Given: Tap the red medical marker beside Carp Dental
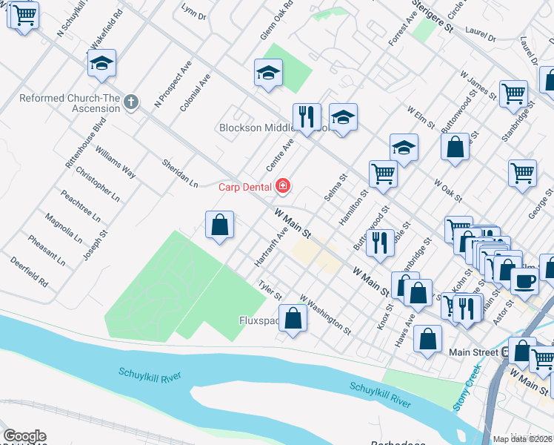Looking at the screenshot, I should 282,186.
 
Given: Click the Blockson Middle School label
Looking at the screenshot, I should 274,128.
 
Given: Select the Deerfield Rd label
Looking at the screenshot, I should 30,272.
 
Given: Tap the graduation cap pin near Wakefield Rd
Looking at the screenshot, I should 102,64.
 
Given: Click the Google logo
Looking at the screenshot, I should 24,436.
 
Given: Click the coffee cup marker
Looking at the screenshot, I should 525,281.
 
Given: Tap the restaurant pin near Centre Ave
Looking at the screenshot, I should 306,116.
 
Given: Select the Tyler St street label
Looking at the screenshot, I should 270,290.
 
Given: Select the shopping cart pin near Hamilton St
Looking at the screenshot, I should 383,174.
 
